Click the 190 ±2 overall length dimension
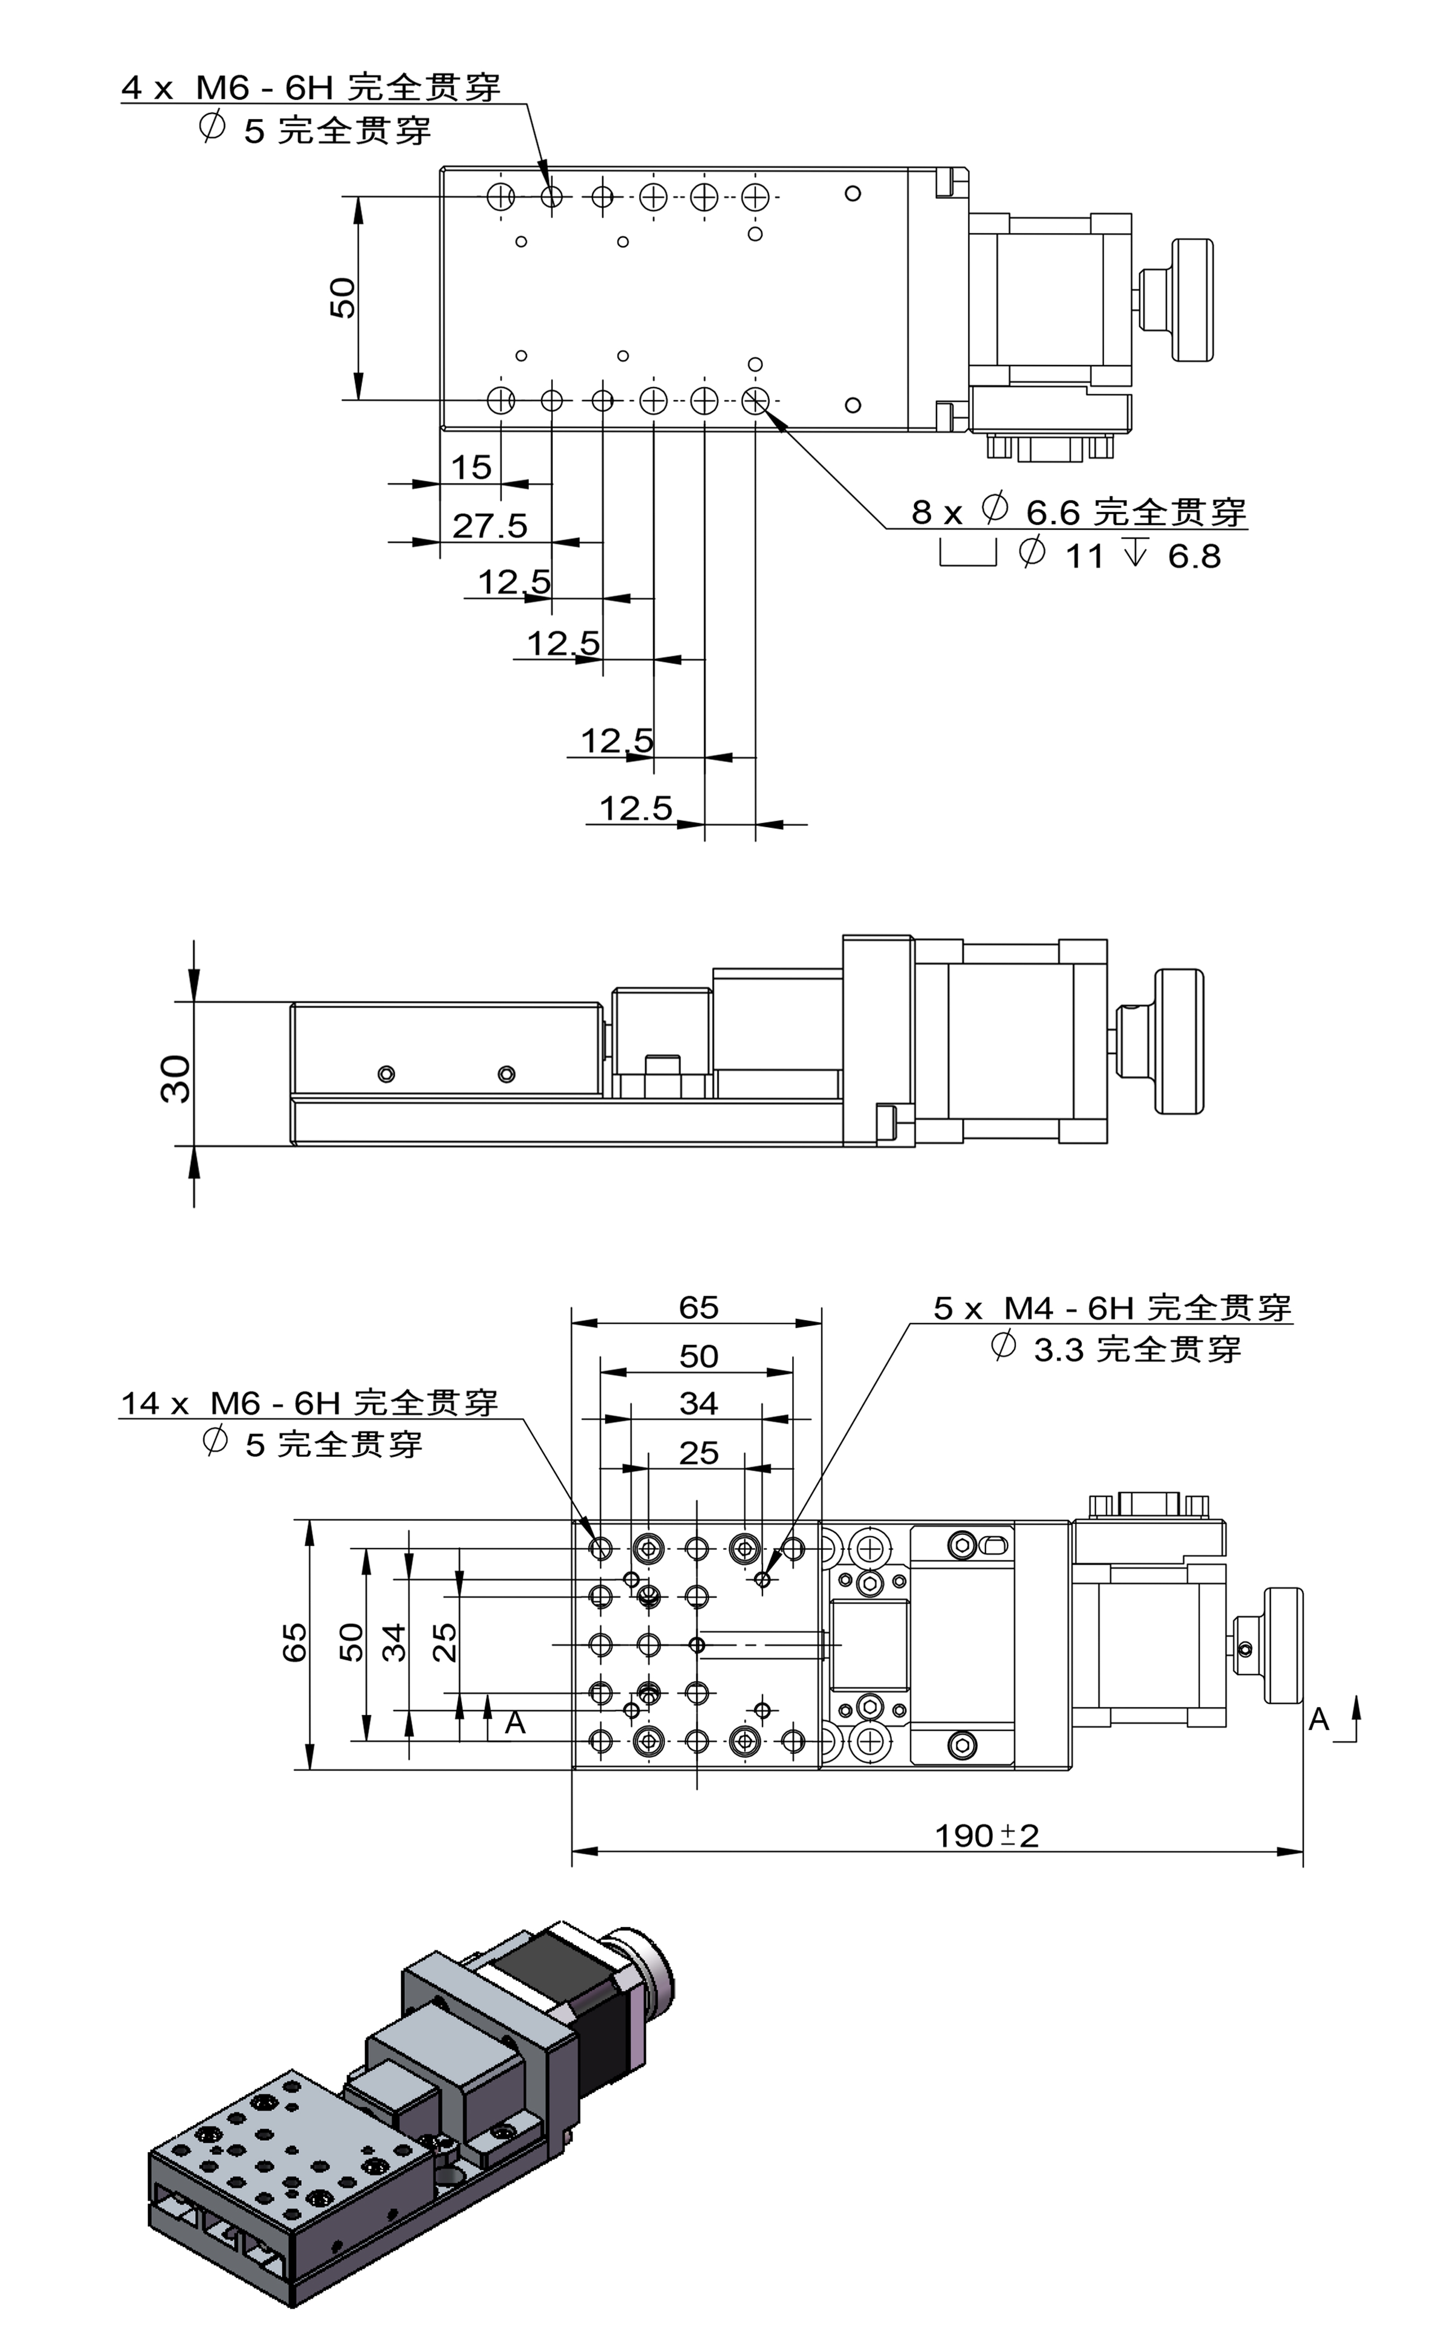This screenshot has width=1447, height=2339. pyautogui.click(x=986, y=1836)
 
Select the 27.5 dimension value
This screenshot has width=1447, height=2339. pyautogui.click(x=489, y=525)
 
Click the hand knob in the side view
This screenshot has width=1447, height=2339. pyautogui.click(x=1179, y=1041)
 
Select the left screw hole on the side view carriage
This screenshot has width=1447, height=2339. pyautogui.click(x=387, y=1074)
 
